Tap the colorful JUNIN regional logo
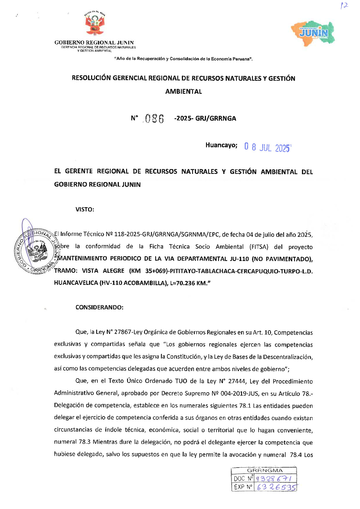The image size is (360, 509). [x=313, y=33]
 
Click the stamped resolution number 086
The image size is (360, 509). [x=154, y=119]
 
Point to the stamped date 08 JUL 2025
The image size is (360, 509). [x=267, y=148]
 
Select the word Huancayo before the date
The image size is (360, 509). [x=221, y=145]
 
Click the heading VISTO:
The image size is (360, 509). [x=85, y=209]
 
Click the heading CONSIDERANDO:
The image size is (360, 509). [x=99, y=307]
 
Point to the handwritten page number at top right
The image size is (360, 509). [x=344, y=6]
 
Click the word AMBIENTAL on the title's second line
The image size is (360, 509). [x=183, y=92]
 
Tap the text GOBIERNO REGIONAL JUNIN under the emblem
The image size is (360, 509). [x=94, y=43]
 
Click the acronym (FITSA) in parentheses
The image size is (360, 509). [x=259, y=247]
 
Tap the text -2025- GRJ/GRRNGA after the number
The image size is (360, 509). [x=205, y=119]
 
